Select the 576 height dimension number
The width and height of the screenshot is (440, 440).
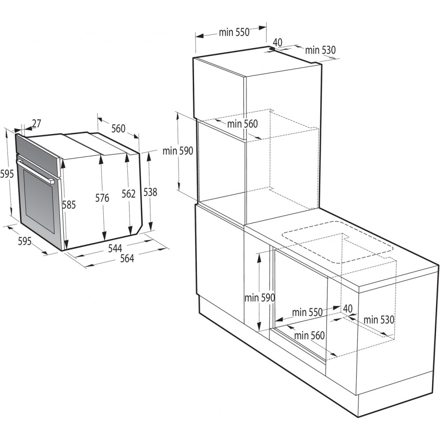pos(102,198)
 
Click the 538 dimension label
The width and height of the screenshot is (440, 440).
pos(150,192)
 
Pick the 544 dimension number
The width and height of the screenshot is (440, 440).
pos(115,249)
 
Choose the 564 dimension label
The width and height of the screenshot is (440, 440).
pos(127,259)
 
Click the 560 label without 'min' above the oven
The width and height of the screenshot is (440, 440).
pos(118,128)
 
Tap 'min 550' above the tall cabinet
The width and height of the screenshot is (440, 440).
pos(234,32)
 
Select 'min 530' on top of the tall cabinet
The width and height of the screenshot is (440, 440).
pos(320,50)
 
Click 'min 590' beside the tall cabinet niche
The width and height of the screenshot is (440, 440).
pos(178,151)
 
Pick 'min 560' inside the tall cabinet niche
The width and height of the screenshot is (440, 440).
pos(242,124)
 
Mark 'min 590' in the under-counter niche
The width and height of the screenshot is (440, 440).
pos(260,297)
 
